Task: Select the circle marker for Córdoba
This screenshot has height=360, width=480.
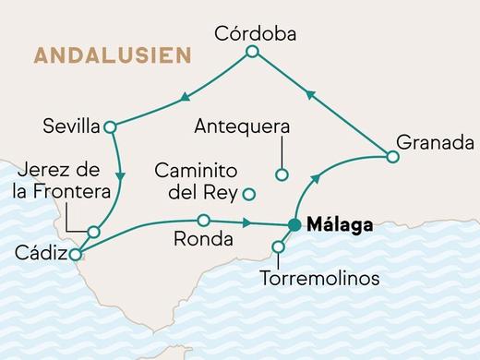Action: (x=252, y=54)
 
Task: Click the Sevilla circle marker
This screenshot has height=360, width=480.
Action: (x=110, y=127)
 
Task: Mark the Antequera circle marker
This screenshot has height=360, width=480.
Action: (x=282, y=174)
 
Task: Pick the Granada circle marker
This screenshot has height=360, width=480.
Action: (x=392, y=157)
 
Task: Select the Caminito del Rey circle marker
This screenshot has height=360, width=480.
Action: (x=248, y=194)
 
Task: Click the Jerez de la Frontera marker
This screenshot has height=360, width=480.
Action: (x=94, y=232)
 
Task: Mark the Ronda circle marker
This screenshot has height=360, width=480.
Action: (x=203, y=220)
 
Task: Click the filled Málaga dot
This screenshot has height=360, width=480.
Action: (x=294, y=224)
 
